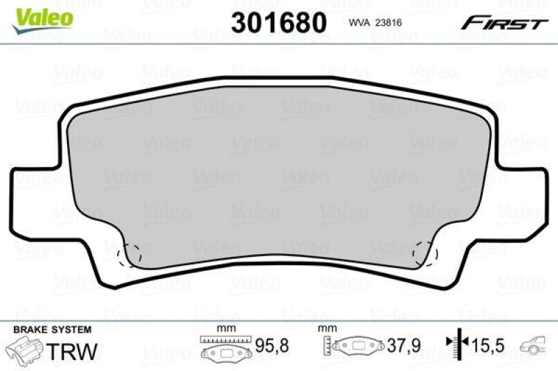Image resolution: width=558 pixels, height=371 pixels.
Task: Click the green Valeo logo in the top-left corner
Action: [x=44, y=15]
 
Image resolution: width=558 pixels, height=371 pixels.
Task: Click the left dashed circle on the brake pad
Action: [x=130, y=255]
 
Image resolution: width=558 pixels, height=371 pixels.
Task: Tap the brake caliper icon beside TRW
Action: [x=27, y=349]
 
